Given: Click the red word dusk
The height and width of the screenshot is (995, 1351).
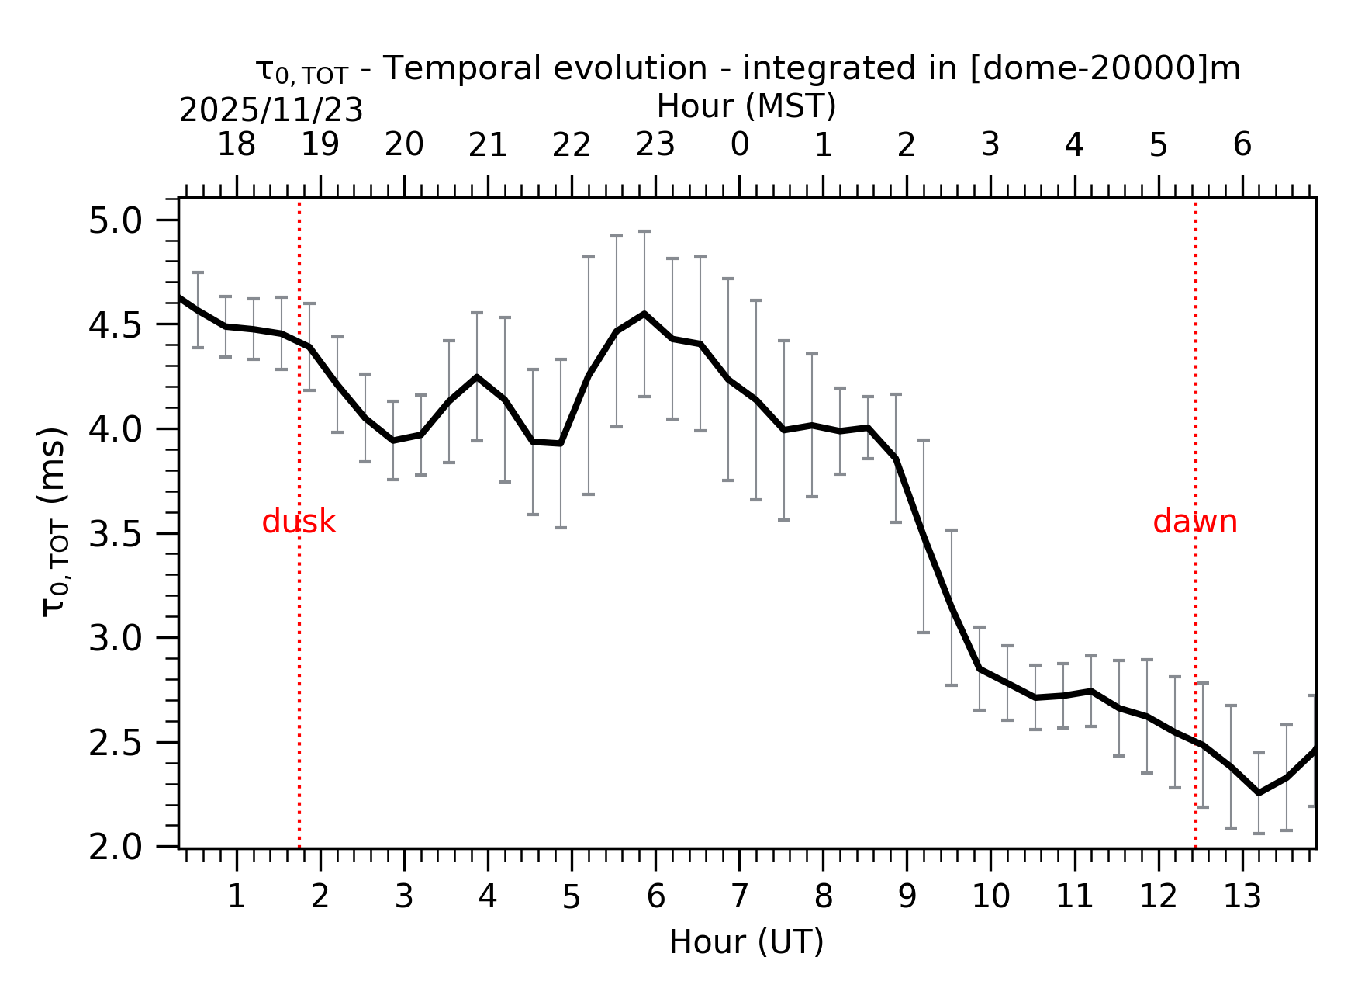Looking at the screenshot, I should click(299, 522).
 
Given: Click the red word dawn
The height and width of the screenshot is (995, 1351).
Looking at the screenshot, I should click(1194, 522).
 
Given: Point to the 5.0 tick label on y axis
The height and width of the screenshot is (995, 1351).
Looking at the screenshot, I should click(116, 221).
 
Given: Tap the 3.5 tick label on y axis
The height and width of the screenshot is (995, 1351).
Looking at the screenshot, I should click(116, 535).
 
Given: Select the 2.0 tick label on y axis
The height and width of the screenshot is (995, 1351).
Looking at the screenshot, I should click(116, 848).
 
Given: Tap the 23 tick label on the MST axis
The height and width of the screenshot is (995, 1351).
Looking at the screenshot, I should click(655, 145).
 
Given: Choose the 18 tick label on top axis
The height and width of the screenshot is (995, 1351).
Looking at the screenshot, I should click(236, 145).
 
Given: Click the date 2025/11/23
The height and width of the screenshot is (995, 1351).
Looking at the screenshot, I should click(271, 111).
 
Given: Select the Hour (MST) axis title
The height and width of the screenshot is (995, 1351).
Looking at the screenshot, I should click(746, 106).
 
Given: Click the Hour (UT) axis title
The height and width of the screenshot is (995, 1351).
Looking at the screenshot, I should click(746, 942).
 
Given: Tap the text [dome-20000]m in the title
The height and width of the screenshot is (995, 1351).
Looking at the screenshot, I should click(1105, 68).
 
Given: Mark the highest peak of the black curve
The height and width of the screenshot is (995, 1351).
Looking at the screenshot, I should click(644, 314).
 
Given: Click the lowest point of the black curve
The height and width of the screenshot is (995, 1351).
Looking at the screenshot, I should click(1258, 792).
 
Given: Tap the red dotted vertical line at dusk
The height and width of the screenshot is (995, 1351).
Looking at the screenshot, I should click(299, 660).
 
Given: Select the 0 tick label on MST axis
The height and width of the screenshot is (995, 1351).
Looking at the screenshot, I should click(739, 145).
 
